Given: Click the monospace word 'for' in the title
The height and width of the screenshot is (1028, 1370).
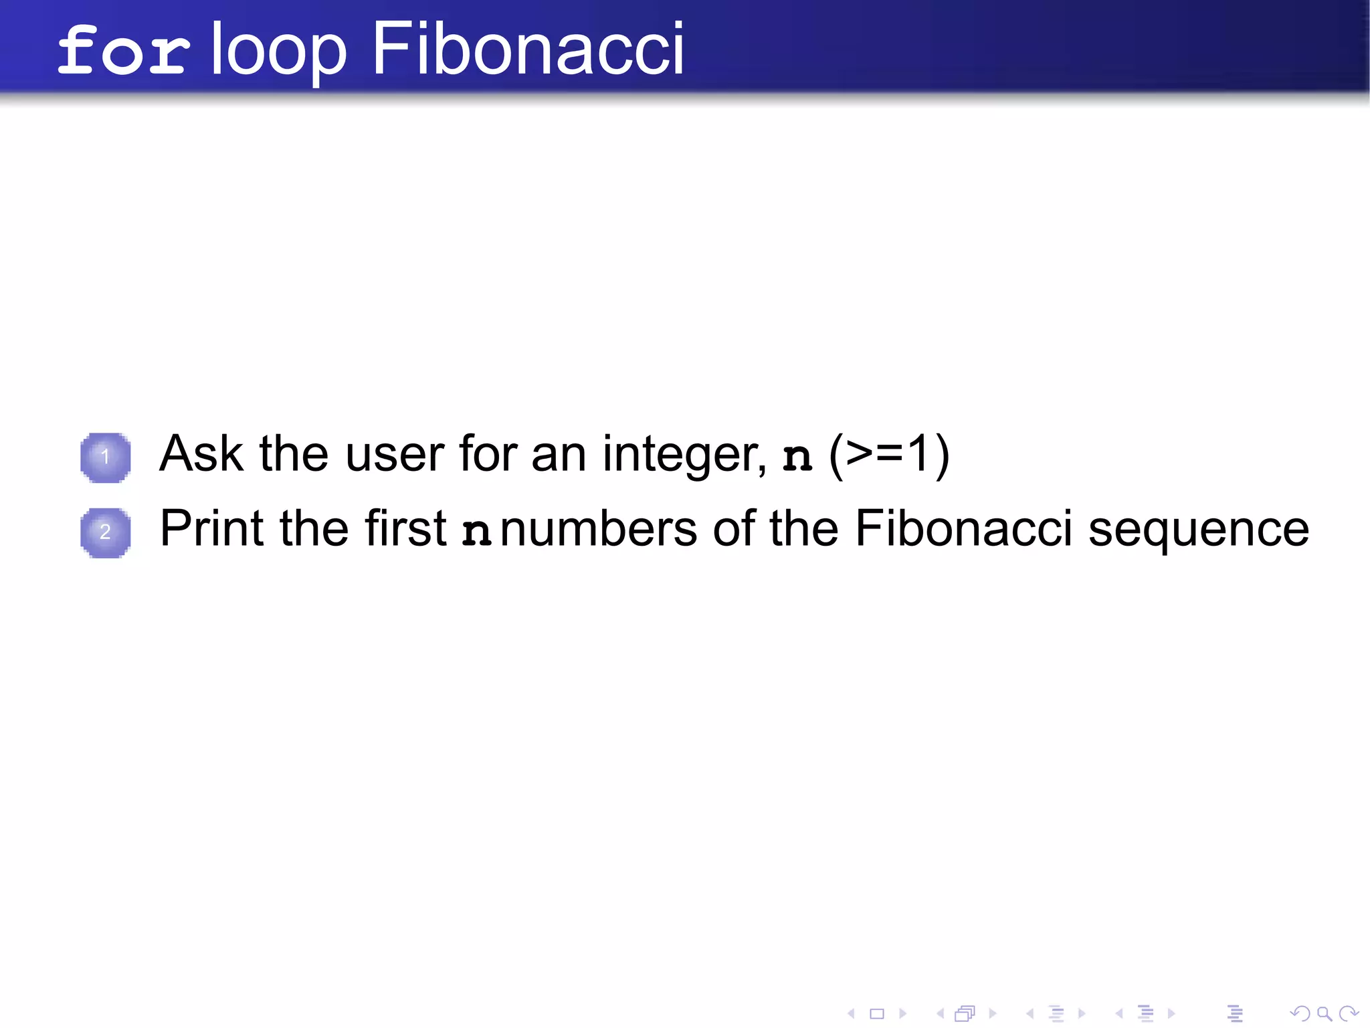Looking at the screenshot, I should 123,51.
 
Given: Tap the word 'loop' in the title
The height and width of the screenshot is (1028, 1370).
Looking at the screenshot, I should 279,51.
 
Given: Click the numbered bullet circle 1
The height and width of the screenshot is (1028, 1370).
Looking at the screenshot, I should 105,457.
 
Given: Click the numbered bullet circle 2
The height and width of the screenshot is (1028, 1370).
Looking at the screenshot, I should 105,532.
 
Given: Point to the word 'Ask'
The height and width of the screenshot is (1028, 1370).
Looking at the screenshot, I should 201,454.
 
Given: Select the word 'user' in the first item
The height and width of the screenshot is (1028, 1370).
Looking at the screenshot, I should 395,454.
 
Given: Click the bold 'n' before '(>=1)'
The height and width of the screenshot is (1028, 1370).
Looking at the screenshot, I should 797,457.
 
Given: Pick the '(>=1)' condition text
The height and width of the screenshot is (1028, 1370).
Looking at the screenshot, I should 889,455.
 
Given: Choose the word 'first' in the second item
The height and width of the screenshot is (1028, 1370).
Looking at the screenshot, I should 405,528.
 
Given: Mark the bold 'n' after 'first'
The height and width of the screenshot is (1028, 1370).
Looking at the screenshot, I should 477,532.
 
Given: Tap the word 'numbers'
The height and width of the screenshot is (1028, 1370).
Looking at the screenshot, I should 599,528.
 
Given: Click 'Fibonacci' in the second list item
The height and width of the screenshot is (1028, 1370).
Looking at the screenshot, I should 963,528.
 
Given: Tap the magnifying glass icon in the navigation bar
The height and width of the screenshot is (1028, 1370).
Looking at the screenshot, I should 1324,1014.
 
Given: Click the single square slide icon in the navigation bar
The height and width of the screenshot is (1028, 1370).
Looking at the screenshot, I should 876,1014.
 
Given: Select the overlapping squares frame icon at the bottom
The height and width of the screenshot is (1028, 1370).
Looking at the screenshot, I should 965,1014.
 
